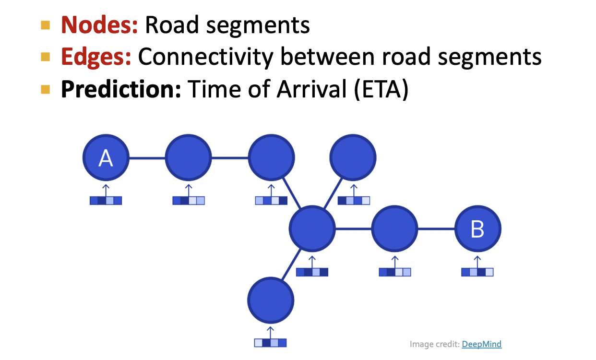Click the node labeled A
tap(106, 157)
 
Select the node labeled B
tap(477, 229)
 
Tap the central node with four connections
tap(312, 229)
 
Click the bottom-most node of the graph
tap(271, 300)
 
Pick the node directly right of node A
tap(188, 157)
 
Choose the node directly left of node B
tap(394, 229)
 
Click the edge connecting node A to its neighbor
tap(147, 157)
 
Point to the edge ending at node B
tap(436, 229)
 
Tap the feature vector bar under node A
tap(106, 201)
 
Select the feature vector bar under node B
tap(477, 272)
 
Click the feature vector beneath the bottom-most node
tap(271, 343)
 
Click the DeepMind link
tap(482, 344)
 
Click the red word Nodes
tap(99, 25)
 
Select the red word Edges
tap(96, 57)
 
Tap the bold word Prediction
tap(120, 89)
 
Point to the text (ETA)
tap(381, 89)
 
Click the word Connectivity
tap(205, 57)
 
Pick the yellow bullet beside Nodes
tap(46, 25)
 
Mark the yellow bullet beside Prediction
tap(46, 89)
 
